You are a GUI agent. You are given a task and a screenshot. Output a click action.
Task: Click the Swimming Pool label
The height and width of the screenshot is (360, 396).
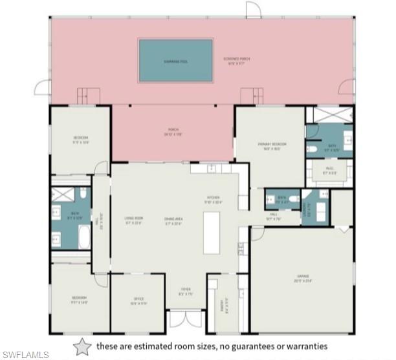click(175, 61)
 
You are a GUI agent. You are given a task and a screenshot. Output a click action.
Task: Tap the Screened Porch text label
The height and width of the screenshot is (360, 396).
click(237, 61)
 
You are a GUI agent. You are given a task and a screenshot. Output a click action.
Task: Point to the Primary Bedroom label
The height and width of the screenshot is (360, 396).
click(272, 146)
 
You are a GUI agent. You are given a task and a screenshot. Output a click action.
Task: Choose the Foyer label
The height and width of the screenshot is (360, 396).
click(186, 291)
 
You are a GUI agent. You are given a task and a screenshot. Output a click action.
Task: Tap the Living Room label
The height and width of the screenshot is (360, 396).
click(134, 220)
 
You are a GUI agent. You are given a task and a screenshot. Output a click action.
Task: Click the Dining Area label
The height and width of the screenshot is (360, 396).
click(173, 221)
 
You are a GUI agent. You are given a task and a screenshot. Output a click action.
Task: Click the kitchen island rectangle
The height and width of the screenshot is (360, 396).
click(212, 232)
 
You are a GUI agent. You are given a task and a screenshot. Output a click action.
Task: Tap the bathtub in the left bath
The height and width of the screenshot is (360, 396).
click(84, 237)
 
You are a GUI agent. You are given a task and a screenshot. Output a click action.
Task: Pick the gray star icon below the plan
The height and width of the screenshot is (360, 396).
click(82, 346)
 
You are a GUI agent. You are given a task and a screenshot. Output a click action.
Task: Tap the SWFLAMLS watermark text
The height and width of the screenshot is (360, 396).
click(25, 354)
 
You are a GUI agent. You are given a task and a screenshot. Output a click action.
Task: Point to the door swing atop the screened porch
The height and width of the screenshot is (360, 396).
click(253, 9)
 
